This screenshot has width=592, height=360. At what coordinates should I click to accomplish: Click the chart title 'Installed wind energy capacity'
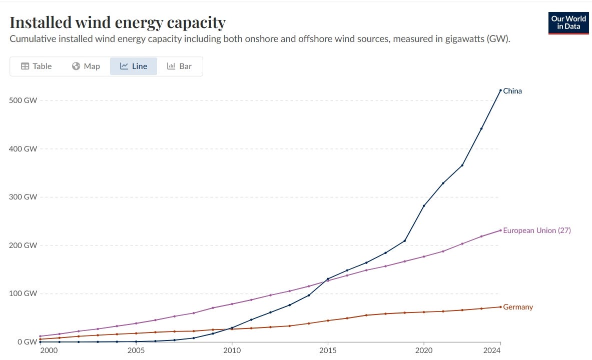click(x=118, y=22)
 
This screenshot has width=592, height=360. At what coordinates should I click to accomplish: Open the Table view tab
click(x=36, y=66)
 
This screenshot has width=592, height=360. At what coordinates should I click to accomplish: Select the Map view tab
click(x=86, y=66)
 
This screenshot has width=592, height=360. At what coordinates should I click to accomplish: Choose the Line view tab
click(x=134, y=66)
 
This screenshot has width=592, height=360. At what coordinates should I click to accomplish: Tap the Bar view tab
click(x=179, y=66)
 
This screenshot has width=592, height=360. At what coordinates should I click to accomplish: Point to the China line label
click(x=512, y=91)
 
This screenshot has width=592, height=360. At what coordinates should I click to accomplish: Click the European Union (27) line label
click(x=536, y=230)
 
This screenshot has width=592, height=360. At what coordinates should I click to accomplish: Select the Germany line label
click(x=518, y=307)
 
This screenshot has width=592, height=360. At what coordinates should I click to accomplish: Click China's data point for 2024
click(x=500, y=90)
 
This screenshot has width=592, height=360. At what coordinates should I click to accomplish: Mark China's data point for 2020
click(x=424, y=206)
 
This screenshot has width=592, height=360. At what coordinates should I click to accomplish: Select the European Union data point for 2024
click(x=500, y=230)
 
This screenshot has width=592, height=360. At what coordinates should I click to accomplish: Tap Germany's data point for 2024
click(x=500, y=307)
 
